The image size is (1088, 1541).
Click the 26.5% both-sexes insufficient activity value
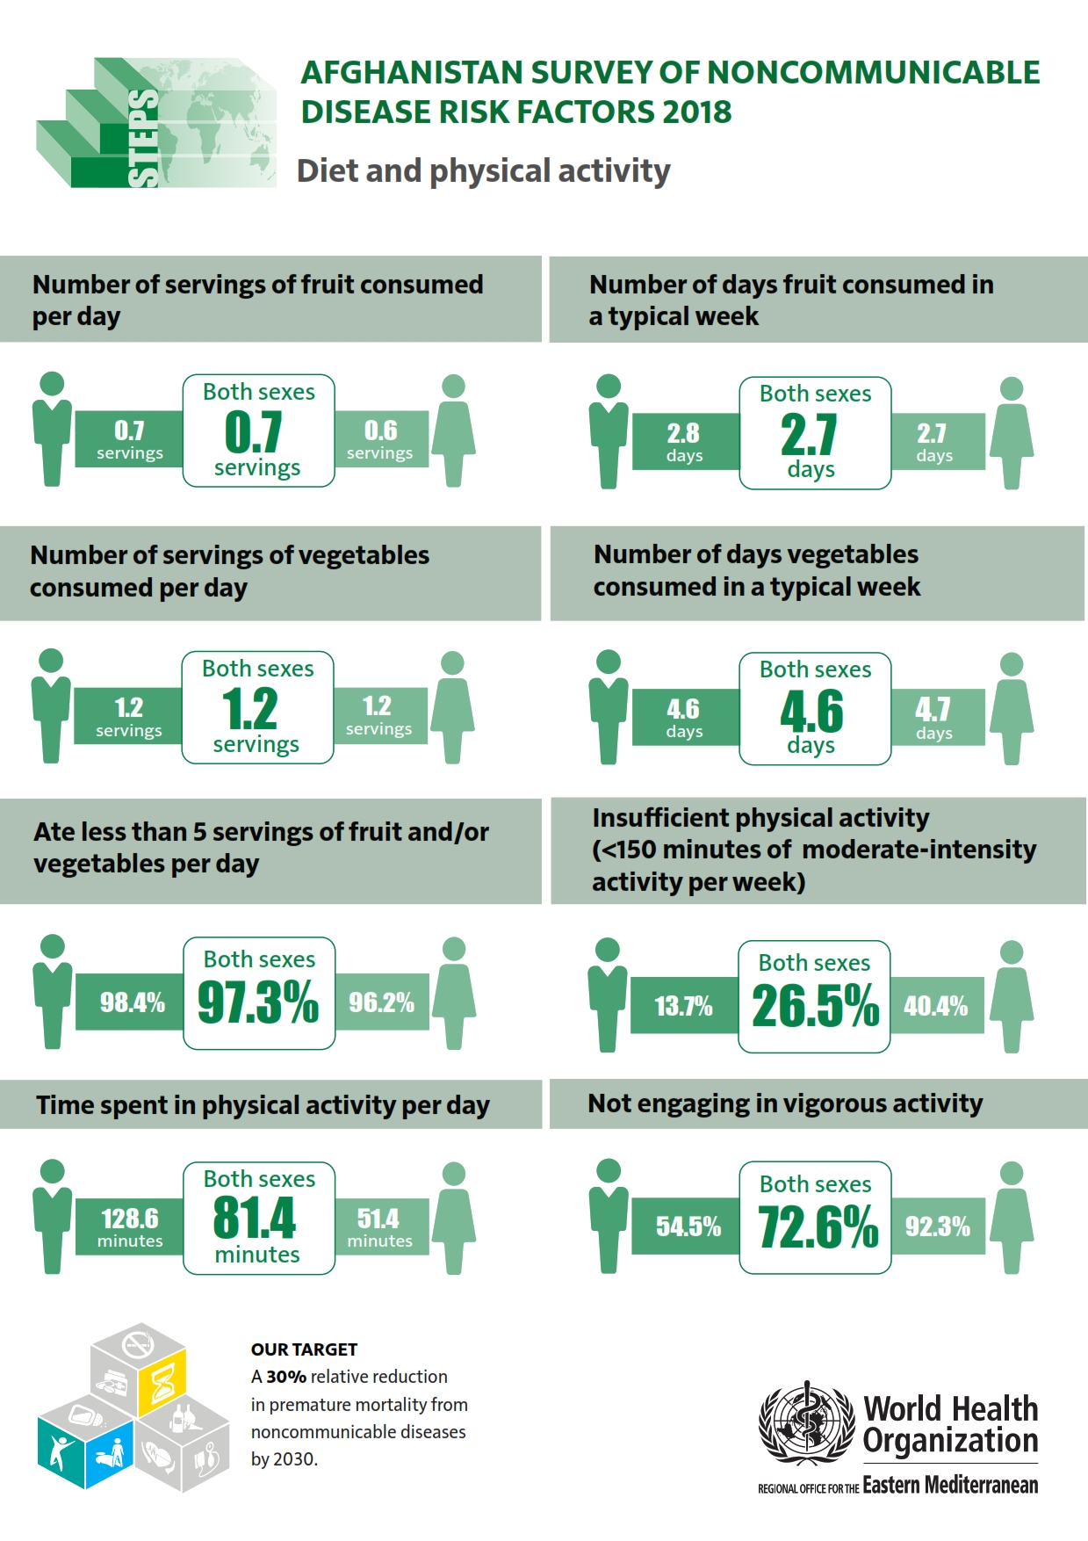click(x=815, y=1005)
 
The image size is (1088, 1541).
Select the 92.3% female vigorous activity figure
click(x=938, y=1226)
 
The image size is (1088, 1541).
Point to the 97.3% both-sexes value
click(x=258, y=1002)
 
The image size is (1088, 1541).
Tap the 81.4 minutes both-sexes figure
click(x=255, y=1218)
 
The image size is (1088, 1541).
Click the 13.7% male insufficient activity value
click(x=683, y=1006)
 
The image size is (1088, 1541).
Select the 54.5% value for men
click(x=688, y=1226)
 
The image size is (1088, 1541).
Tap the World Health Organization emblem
click(x=806, y=1422)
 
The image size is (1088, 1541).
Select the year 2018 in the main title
click(x=697, y=112)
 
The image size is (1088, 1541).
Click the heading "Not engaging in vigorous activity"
click(x=785, y=1103)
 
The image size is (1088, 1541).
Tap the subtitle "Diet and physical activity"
click(x=483, y=170)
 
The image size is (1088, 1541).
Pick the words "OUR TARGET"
click(x=304, y=1349)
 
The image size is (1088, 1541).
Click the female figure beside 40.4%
click(x=1012, y=997)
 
